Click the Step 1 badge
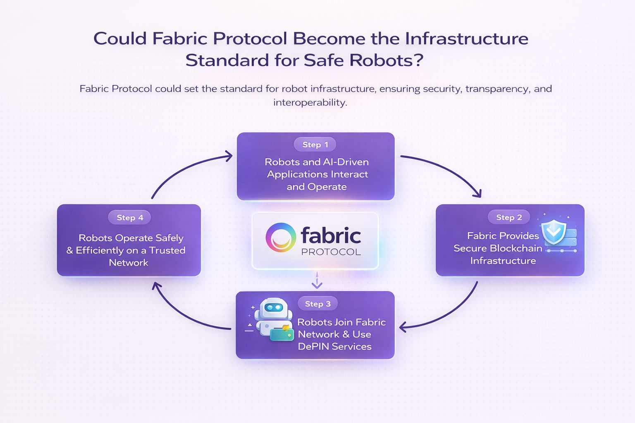coord(315,145)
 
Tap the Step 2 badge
coord(509,217)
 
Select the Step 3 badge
coord(317,304)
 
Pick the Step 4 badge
coord(130,217)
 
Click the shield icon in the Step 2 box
coord(554,232)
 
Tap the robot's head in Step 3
coord(273,308)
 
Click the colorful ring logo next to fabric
coord(281,238)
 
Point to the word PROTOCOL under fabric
coord(331,252)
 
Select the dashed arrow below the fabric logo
coord(317,280)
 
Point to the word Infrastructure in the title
coord(466,38)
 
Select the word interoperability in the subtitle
coord(310,102)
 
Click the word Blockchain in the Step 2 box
coord(515,248)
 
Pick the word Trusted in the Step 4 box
coord(167,250)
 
